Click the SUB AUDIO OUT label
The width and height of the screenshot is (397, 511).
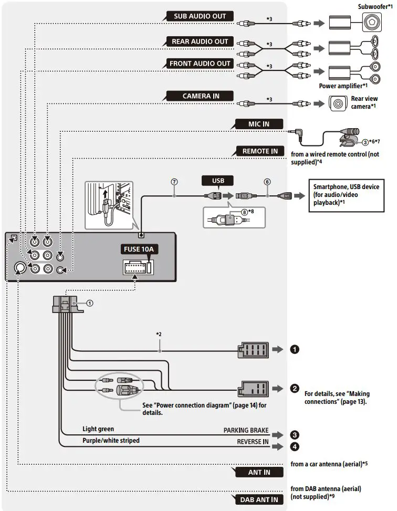point(200,16)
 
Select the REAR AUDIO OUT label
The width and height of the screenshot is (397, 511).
point(200,41)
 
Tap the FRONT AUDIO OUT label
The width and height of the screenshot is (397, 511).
point(200,64)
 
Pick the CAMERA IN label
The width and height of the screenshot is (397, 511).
point(201,96)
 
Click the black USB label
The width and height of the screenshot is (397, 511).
point(217,181)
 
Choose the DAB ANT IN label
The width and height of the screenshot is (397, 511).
point(259,500)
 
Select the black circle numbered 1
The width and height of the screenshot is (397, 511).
point(295,349)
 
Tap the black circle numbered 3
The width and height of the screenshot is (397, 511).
point(295,434)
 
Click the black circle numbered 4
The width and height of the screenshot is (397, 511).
point(295,446)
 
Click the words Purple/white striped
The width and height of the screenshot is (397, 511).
point(111,440)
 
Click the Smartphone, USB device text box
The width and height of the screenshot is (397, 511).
point(346,194)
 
